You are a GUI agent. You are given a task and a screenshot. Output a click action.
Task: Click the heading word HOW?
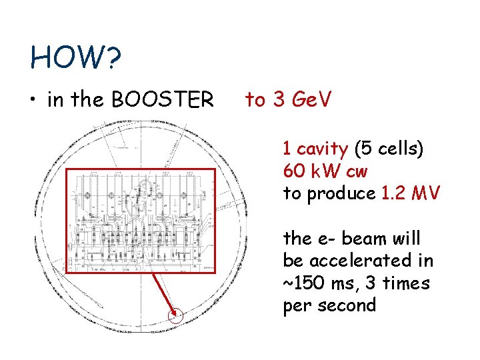pos(75,59)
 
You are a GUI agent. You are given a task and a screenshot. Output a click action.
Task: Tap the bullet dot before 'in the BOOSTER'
pos(33,101)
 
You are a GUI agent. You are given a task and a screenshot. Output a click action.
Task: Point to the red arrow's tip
pos(177,313)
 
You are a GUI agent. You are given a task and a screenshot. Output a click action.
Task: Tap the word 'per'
pos(296,306)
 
